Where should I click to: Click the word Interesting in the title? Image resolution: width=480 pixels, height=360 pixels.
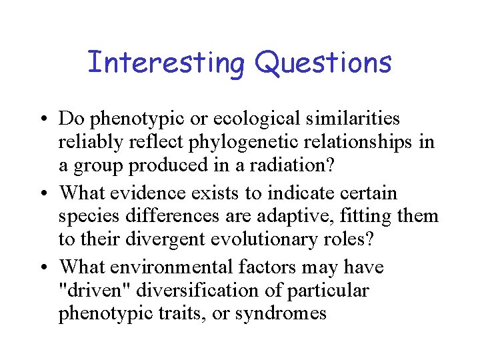167,63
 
